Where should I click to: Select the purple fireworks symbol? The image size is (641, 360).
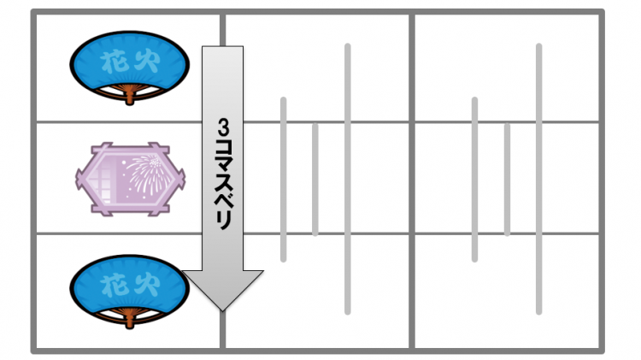131,180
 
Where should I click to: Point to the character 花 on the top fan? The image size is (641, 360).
113,62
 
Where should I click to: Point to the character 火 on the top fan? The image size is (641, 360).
146,62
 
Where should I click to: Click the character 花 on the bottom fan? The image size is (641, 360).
113,286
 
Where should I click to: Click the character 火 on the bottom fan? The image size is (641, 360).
146,286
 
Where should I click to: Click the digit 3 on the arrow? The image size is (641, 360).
223,127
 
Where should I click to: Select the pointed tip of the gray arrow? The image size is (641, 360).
222,311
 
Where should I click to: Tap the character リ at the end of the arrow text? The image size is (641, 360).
223,221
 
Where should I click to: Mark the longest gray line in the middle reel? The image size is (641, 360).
348,179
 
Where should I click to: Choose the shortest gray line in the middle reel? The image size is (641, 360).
315,180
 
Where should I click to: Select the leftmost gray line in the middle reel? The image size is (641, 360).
283,180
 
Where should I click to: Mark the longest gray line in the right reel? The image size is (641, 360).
538,179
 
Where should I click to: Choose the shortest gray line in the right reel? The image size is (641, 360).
507,180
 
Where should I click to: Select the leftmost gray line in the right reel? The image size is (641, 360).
474,180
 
